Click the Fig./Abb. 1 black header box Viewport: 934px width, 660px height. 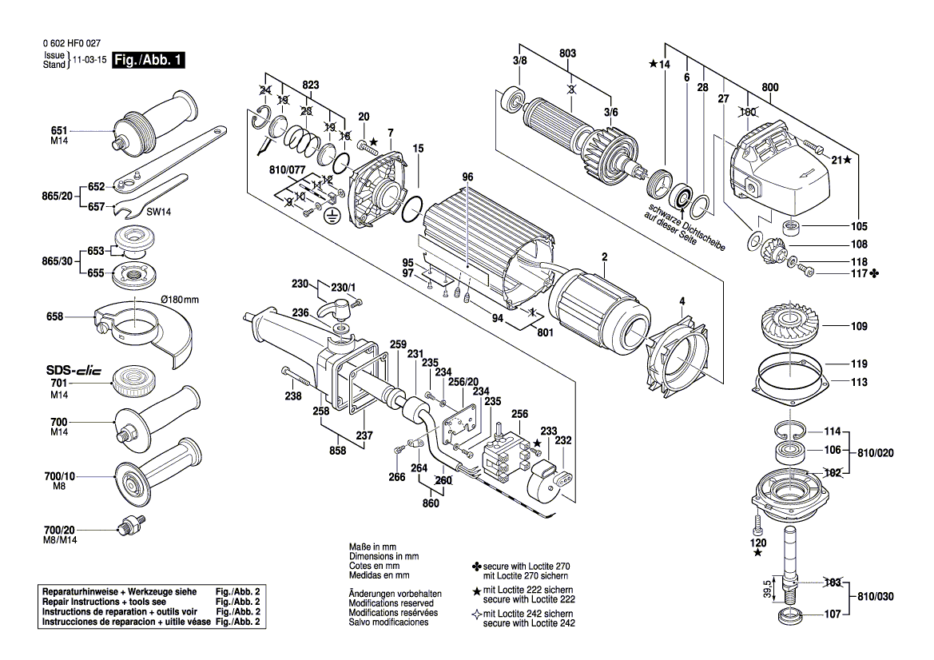coord(149,60)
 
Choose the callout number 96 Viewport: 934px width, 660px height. coord(467,177)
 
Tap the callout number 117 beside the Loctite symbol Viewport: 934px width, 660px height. coord(859,274)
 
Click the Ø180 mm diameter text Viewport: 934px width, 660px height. coord(180,299)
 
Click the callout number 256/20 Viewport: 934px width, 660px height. coord(463,381)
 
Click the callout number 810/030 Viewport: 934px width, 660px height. coord(876,597)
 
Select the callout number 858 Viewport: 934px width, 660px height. coord(338,451)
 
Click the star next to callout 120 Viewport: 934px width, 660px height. coord(757,552)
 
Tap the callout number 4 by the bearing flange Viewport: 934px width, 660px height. coord(682,301)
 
